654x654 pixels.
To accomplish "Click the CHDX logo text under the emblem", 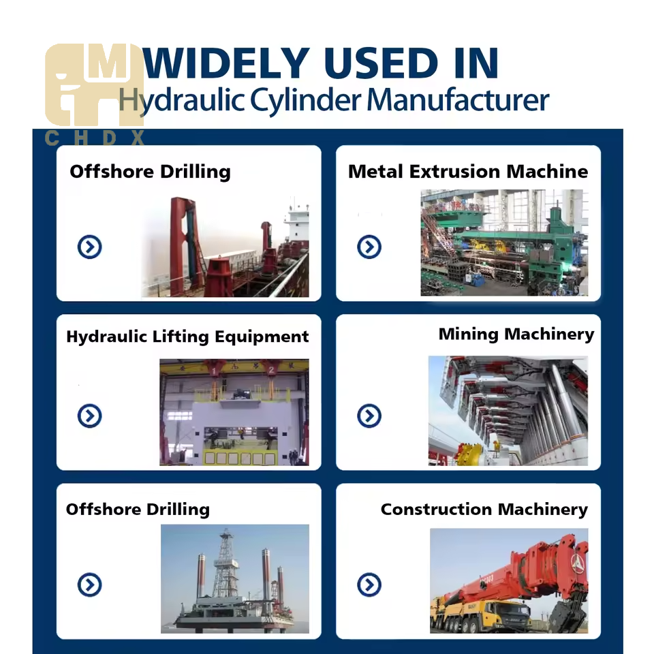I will [95, 139].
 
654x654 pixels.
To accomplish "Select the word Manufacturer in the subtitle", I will [458, 100].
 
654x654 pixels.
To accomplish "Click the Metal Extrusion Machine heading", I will [467, 172].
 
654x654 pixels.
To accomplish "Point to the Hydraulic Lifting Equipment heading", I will [187, 337].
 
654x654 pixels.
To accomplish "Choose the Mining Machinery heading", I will [516, 334].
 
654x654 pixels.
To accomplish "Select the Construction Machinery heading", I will [484, 510].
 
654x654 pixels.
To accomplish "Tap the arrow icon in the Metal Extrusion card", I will [369, 247].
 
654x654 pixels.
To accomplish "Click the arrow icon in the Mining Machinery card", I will [369, 416].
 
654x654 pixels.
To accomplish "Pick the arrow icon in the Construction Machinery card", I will [369, 585].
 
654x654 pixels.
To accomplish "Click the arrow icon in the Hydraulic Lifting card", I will [89, 416].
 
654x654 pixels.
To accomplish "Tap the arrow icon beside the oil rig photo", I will [89, 585].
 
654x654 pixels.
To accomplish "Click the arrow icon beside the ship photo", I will [89, 247].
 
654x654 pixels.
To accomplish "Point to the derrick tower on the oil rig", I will [225, 565].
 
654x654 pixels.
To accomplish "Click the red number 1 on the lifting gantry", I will [215, 371].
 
